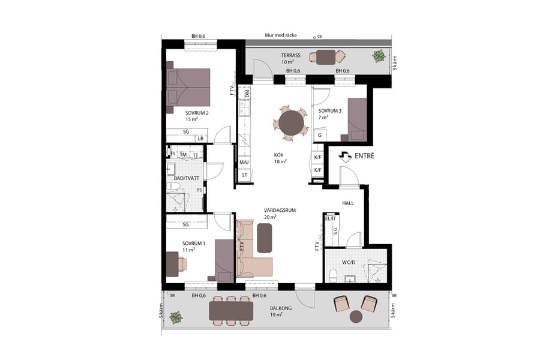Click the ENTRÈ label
364,156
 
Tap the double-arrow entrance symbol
346,157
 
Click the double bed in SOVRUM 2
189,88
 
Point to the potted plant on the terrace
379,57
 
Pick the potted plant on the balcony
176,317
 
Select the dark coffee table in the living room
265,237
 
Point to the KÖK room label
280,154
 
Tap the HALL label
348,203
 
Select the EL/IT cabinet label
328,218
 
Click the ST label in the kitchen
244,175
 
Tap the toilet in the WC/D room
334,275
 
